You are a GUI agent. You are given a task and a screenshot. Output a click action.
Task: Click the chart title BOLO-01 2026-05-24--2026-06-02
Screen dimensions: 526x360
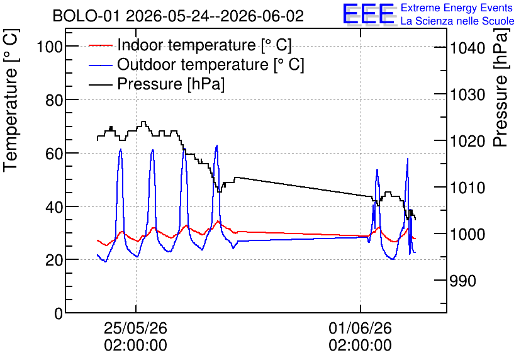tap(178, 16)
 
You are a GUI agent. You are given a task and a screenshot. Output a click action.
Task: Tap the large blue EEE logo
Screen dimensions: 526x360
tap(368, 14)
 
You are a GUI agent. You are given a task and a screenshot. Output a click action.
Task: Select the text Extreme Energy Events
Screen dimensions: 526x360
tap(457, 8)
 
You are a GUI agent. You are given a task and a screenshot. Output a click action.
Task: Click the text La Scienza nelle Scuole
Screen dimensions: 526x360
tap(457, 21)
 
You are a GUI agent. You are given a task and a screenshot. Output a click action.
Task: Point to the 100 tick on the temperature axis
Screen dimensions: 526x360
tap(50, 47)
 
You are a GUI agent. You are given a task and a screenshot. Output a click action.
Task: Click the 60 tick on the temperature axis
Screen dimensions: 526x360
tap(54, 154)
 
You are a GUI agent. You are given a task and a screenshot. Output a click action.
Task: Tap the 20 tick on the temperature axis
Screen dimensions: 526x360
tap(54, 260)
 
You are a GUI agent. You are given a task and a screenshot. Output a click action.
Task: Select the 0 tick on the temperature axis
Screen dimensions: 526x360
tap(59, 313)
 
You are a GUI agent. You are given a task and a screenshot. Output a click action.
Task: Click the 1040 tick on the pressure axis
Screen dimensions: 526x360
tap(467, 48)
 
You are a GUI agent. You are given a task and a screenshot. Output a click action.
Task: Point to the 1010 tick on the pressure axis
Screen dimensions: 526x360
tap(467, 188)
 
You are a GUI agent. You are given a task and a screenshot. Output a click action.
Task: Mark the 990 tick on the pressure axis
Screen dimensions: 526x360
tap(462, 281)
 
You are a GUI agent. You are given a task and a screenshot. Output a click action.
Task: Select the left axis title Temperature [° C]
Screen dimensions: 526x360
tap(11, 101)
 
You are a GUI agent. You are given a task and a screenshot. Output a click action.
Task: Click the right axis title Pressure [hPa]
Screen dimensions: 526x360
tap(501, 87)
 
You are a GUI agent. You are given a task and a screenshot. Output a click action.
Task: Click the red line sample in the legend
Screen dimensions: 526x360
tap(100, 45)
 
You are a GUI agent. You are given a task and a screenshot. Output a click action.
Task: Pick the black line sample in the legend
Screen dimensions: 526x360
tap(100, 84)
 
